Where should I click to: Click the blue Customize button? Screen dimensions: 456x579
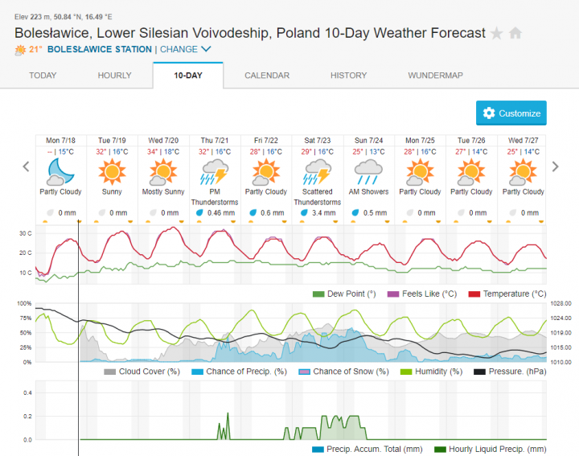(x=511, y=113)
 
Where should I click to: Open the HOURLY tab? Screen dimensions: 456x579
(x=114, y=76)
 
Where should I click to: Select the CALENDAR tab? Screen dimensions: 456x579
(x=267, y=76)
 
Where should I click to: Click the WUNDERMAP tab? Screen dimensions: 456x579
(x=435, y=76)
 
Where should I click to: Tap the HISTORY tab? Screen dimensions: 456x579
(x=348, y=76)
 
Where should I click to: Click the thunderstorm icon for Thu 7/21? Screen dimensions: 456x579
(x=215, y=171)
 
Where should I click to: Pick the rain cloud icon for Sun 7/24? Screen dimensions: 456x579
(x=368, y=171)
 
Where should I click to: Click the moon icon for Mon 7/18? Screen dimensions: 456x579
(x=60, y=171)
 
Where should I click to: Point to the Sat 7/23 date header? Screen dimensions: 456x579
(x=317, y=140)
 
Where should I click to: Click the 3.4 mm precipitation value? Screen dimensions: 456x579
(x=322, y=212)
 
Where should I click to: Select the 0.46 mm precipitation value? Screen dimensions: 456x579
(x=219, y=212)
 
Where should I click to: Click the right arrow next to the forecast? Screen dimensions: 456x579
(x=555, y=166)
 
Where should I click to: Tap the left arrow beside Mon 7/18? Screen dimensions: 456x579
(x=26, y=166)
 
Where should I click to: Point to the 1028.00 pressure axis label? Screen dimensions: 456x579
(x=561, y=303)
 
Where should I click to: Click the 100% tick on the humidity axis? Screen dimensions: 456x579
(x=23, y=303)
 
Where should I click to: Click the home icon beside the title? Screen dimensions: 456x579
(x=515, y=34)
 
